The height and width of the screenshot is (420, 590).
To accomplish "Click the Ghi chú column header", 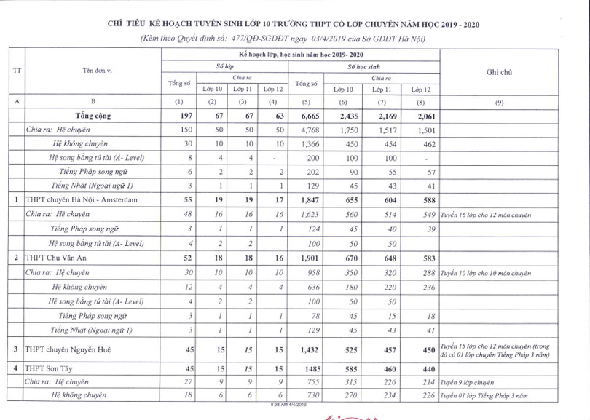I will tap(499, 71).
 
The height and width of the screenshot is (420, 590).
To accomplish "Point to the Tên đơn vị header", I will tap(93, 71).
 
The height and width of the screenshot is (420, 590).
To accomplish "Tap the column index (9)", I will tap(499, 102).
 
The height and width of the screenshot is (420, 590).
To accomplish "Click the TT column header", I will tap(16, 71).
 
